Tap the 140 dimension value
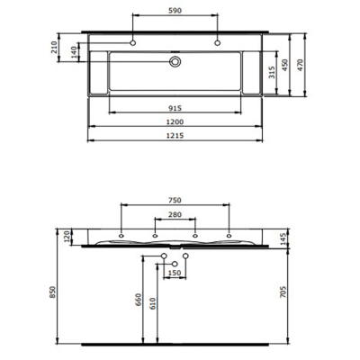click(74, 56)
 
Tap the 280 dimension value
click(175, 216)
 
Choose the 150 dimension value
click(175, 273)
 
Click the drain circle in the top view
click(176, 62)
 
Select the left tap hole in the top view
click(133, 42)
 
